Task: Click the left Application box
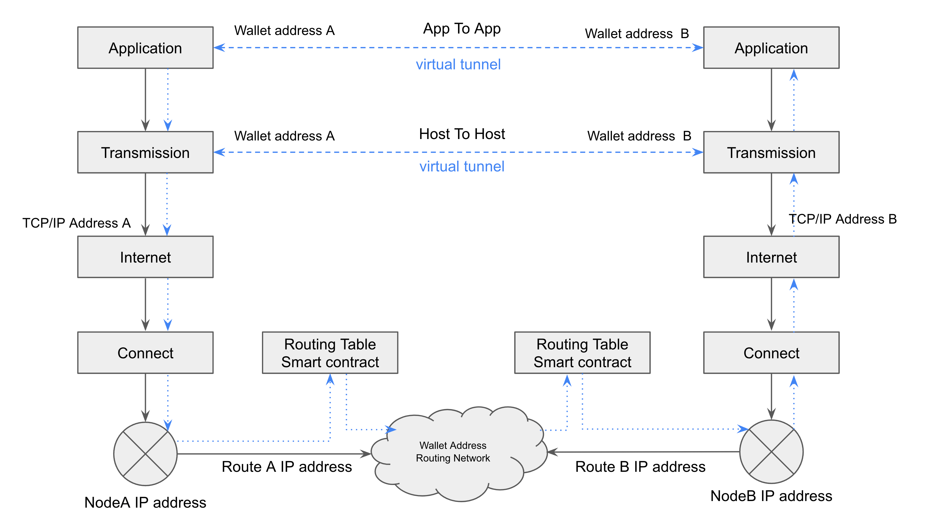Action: coord(145,48)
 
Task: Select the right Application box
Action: coord(771,48)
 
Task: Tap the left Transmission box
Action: coord(145,152)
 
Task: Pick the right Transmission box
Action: coord(771,152)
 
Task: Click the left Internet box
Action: coord(145,257)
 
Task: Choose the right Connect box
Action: coord(771,353)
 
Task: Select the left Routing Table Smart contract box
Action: coord(330,353)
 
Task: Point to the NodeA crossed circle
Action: coord(145,454)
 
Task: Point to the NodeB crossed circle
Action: coord(771,452)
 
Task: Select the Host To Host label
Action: coord(462,134)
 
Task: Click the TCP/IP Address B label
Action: coord(843,219)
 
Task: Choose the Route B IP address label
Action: coord(641,467)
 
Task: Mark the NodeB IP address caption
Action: coord(771,496)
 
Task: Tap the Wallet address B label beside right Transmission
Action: coord(639,136)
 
